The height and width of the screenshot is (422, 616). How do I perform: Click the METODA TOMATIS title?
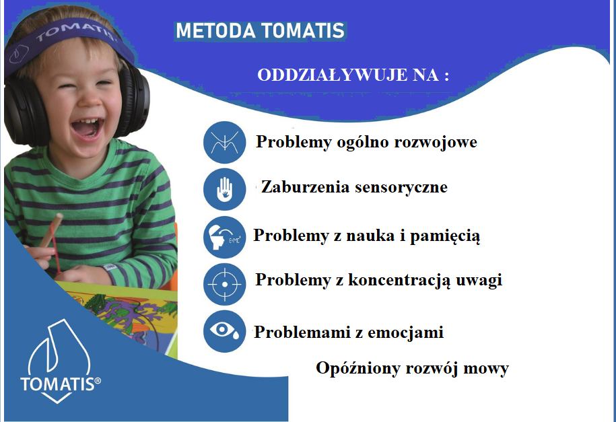click(x=260, y=31)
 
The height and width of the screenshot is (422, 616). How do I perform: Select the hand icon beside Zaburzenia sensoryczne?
click(x=225, y=189)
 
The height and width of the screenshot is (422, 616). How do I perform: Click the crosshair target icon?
click(x=225, y=284)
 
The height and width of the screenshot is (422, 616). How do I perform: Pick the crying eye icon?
click(x=225, y=331)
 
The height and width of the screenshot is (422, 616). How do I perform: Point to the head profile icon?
click(x=225, y=237)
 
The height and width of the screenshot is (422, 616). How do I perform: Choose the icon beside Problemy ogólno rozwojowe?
click(x=225, y=142)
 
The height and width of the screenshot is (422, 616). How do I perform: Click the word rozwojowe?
click(x=436, y=142)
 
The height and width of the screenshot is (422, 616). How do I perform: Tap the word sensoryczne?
click(x=401, y=187)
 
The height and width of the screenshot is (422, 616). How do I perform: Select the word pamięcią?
click(x=445, y=236)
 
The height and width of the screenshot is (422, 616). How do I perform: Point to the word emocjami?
click(x=406, y=332)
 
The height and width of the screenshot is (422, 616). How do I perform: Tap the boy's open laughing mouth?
click(x=88, y=127)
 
